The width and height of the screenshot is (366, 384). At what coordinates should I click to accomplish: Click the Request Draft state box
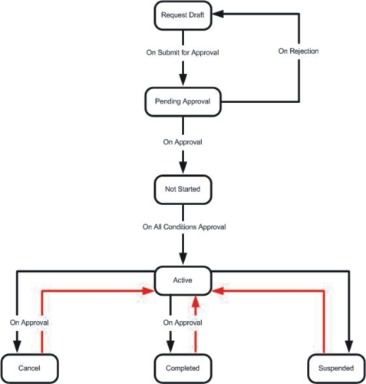[183, 15]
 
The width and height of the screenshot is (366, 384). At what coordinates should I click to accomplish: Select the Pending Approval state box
[183, 101]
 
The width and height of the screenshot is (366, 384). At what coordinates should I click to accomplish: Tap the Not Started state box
[183, 190]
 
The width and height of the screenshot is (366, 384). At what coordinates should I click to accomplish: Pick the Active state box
[183, 280]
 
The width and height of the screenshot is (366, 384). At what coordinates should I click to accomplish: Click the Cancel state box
[29, 369]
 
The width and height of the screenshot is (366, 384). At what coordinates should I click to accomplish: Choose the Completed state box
[183, 369]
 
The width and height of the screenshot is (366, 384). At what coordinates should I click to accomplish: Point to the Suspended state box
[336, 369]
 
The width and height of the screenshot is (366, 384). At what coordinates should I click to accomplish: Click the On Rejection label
[298, 51]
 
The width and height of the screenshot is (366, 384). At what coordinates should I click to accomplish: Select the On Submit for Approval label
[183, 52]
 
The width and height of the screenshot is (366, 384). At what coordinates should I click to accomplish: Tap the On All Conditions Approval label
[184, 227]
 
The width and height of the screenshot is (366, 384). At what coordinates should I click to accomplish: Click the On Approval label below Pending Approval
[183, 142]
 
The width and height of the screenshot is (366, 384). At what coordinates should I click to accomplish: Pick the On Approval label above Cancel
[29, 323]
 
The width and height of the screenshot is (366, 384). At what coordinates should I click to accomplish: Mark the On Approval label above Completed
[183, 323]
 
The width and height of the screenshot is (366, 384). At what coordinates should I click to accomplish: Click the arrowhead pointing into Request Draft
[218, 14]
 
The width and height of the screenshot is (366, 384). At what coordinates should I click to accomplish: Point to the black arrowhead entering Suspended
[349, 347]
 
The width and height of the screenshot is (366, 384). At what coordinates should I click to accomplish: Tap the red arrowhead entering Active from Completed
[196, 301]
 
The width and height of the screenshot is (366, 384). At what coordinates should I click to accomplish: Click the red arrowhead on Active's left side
[148, 291]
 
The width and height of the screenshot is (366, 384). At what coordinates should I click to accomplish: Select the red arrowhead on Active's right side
[218, 291]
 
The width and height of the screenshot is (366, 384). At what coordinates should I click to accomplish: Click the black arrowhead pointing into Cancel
[17, 347]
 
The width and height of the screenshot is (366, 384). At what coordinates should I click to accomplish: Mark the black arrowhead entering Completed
[170, 347]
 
